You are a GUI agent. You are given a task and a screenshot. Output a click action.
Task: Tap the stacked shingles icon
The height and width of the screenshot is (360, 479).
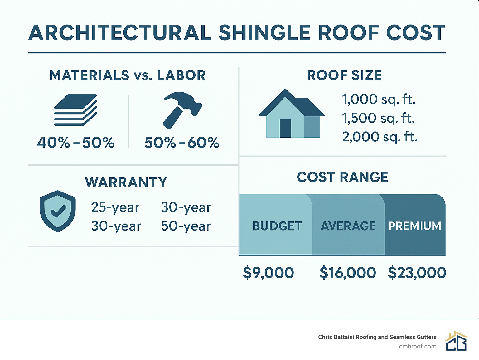(75, 110)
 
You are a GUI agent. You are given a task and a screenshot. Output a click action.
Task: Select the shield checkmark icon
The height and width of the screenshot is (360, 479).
(58, 211)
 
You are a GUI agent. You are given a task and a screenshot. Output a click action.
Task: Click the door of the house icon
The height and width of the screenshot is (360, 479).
(285, 128)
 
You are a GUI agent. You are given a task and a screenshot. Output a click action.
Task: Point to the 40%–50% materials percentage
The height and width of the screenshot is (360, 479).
(76, 143)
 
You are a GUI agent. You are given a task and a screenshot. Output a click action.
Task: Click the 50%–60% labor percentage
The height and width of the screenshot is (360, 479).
(182, 143)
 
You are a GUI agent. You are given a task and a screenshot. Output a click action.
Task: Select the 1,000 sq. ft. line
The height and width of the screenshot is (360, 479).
(379, 100)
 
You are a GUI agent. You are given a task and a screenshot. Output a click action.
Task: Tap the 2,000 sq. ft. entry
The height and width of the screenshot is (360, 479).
(380, 137)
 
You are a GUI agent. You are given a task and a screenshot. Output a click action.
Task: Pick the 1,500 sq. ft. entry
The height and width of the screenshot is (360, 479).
(378, 118)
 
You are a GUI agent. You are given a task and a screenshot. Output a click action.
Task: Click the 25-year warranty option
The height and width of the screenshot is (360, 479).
(115, 207)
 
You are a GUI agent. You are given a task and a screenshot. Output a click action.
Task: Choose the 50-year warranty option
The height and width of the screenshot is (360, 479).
(186, 226)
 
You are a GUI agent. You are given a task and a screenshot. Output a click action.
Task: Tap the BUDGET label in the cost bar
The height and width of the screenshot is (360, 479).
(277, 226)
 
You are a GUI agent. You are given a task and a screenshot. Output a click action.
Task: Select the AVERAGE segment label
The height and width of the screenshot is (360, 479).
(348, 226)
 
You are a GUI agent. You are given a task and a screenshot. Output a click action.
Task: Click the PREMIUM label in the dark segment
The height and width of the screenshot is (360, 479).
(414, 226)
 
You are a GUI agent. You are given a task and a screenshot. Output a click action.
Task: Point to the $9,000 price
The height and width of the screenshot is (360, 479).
(268, 273)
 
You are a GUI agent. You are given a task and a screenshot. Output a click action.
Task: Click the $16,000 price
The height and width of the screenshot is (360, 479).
(348, 273)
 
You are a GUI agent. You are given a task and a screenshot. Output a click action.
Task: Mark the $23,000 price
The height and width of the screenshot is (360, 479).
(417, 273)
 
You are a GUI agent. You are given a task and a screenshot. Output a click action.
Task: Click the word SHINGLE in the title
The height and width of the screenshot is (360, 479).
(264, 33)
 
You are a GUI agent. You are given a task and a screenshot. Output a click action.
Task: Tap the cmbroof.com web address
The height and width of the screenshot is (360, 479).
(418, 346)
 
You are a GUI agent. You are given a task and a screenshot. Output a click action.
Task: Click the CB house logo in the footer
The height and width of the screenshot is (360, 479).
(456, 341)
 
